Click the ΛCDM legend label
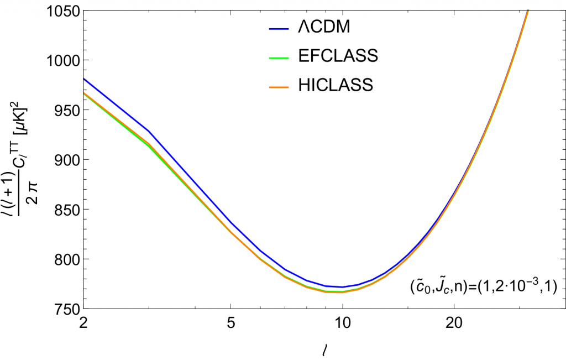(322, 27)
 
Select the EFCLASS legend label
(336, 56)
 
